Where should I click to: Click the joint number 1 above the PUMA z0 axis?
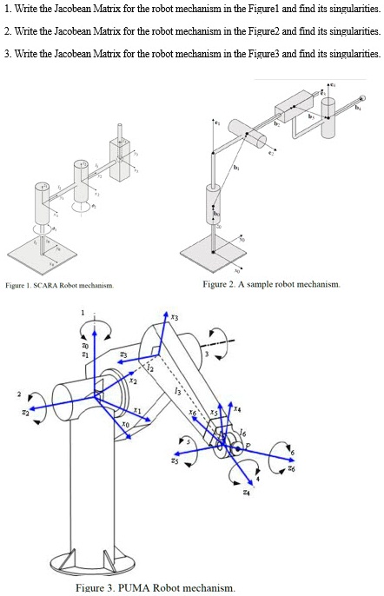tap(83, 313)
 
